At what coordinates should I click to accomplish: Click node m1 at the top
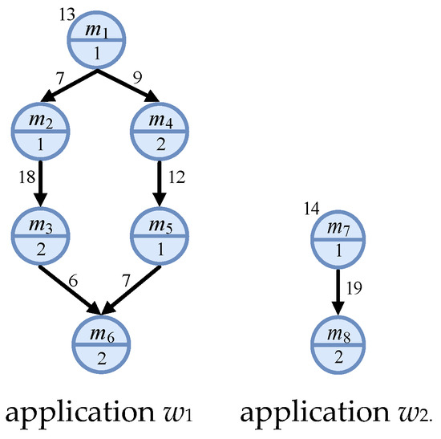[98, 39]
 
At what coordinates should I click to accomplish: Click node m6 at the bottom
[102, 343]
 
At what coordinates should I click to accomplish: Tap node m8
[338, 343]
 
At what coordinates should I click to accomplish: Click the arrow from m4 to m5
[159, 184]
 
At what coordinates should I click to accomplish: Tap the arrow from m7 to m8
[338, 290]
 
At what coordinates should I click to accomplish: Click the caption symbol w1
[188, 416]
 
